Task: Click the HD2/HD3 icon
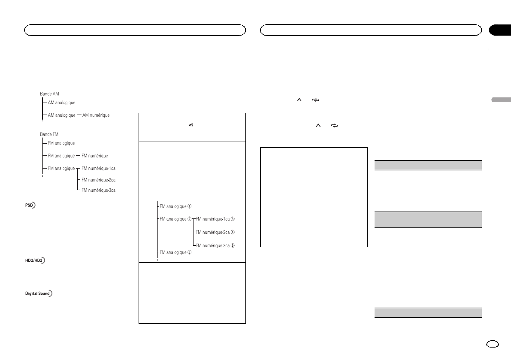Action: [x=34, y=260]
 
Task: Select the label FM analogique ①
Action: [x=176, y=206]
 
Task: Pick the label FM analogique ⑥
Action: [x=176, y=252]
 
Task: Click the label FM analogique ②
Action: [x=176, y=219]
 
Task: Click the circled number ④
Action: [x=233, y=232]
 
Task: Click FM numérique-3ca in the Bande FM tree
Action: [x=98, y=190]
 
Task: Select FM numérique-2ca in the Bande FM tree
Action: [x=98, y=179]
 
